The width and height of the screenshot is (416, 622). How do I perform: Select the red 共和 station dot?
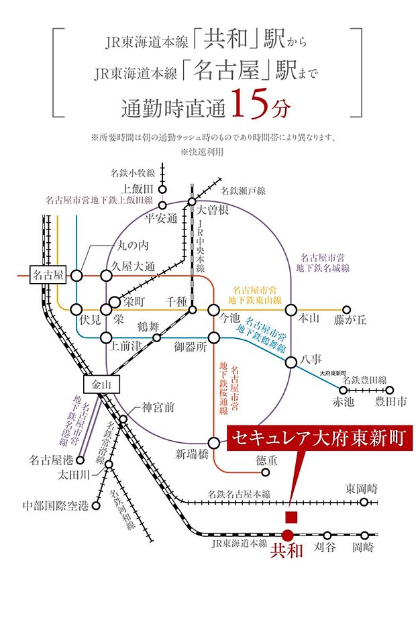pos(287,535)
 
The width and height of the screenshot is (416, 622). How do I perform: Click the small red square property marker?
pos(291,517)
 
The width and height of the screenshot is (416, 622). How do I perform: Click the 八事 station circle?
pos(291,362)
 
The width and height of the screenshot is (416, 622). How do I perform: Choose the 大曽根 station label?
pos(213,210)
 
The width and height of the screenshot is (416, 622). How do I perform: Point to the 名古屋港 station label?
pos(51,460)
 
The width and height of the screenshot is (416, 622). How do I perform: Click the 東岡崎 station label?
pos(363,488)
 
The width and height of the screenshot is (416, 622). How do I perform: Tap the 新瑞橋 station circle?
pos(214,443)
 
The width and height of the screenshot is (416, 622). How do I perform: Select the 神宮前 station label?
pos(158,407)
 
